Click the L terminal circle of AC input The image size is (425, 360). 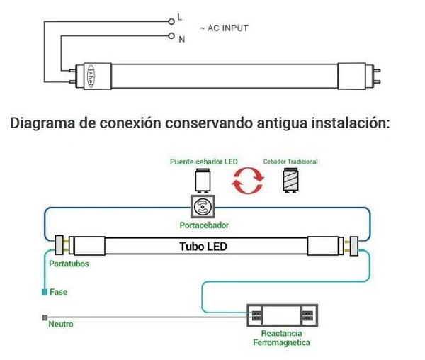click(171, 21)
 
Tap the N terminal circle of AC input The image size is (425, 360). click(171, 35)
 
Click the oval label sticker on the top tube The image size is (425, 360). click(90, 76)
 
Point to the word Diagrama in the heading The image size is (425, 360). click(42, 123)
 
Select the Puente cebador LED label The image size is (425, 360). click(204, 162)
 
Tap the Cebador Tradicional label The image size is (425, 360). click(290, 162)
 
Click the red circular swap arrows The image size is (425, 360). click(248, 181)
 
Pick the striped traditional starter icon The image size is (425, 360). click(290, 180)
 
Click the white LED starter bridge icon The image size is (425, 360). click(203, 181)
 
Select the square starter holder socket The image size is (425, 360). click(203, 206)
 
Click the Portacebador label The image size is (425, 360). click(204, 225)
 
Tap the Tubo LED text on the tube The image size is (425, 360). click(203, 247)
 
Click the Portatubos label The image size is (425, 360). click(69, 264)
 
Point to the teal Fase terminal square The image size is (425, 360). click(45, 292)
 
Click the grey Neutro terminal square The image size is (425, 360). click(45, 317)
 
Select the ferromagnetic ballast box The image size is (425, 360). click(282, 315)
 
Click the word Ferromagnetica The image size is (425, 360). click(282, 343)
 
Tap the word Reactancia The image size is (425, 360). click(282, 333)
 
